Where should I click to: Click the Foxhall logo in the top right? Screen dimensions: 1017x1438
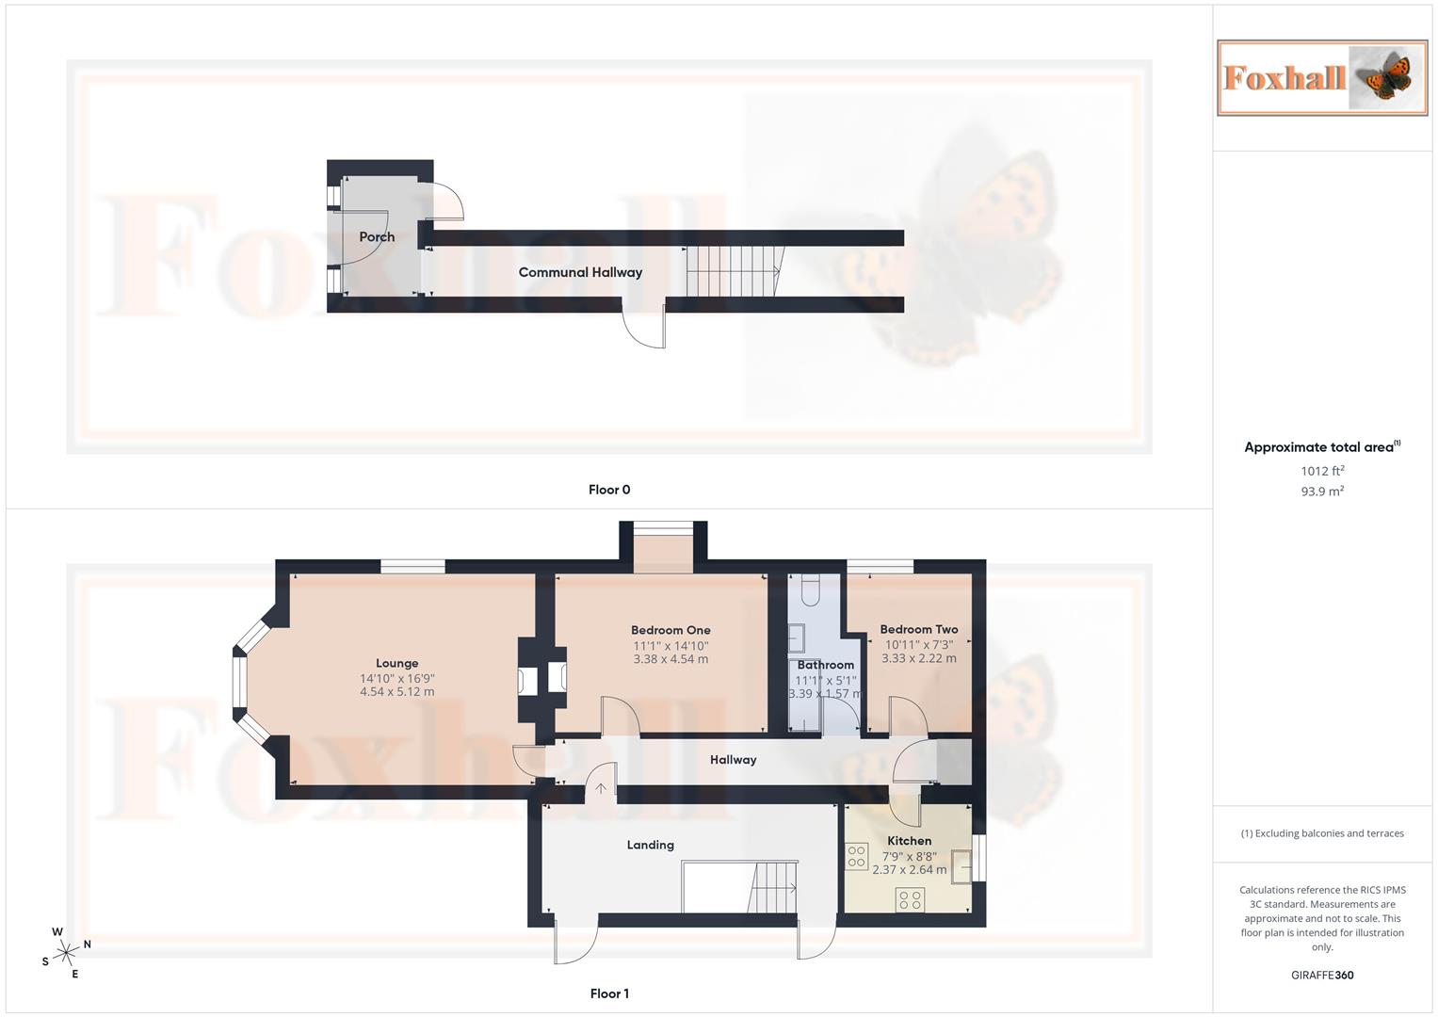1322,77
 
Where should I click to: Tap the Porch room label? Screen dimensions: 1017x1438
377,237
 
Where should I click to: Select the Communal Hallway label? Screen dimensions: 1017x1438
580,272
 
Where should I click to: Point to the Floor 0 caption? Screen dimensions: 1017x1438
609,490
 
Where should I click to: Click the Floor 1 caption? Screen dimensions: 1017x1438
609,993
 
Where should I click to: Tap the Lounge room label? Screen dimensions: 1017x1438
396,663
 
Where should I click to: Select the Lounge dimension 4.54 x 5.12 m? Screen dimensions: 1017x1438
396,692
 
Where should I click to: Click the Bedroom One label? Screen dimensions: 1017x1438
671,630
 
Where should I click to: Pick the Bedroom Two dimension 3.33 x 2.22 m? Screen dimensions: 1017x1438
918,658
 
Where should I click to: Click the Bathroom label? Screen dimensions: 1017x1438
825,665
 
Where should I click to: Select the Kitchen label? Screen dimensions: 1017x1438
909,841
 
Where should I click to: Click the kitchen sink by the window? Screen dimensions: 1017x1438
961,865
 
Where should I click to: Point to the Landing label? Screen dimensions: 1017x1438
650,845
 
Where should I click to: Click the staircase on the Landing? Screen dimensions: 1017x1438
774,888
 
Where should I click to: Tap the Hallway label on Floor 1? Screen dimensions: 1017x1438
733,760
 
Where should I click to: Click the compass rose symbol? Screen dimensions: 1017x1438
65,953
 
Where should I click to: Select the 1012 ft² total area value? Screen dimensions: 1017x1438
1322,471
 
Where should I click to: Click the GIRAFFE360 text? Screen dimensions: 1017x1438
1322,976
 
